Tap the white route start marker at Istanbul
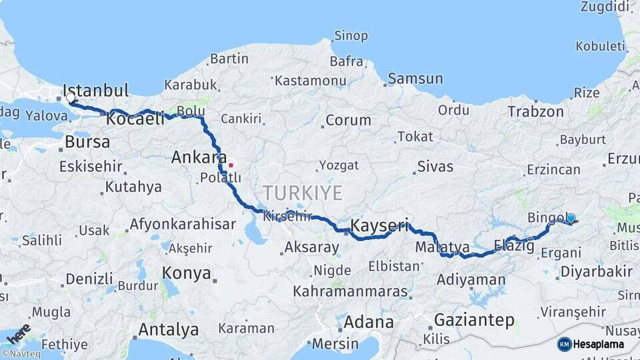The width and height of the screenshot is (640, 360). pyautogui.click(x=71, y=98)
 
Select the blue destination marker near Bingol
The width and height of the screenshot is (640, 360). pyautogui.click(x=571, y=218)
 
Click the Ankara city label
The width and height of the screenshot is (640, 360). pyautogui.click(x=199, y=157)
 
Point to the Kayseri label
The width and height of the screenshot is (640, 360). pyautogui.click(x=379, y=225)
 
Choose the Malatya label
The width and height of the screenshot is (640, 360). pyautogui.click(x=442, y=248)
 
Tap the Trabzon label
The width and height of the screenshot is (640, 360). pyautogui.click(x=535, y=111)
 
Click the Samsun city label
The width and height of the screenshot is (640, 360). pyautogui.click(x=415, y=79)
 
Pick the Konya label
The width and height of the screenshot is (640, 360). pyautogui.click(x=187, y=273)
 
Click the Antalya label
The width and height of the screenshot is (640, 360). pyautogui.click(x=168, y=329)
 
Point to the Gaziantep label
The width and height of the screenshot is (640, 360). pyautogui.click(x=474, y=320)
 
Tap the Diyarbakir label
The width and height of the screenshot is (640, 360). pyautogui.click(x=596, y=271)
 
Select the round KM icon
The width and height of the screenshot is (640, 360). pyautogui.click(x=565, y=344)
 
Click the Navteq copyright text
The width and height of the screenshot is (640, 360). pyautogui.click(x=21, y=354)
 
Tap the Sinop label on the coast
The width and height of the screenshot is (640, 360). pyautogui.click(x=351, y=35)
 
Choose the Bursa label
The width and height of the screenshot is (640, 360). pyautogui.click(x=87, y=142)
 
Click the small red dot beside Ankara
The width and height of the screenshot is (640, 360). pyautogui.click(x=231, y=165)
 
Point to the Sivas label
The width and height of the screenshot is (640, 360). pyautogui.click(x=435, y=166)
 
